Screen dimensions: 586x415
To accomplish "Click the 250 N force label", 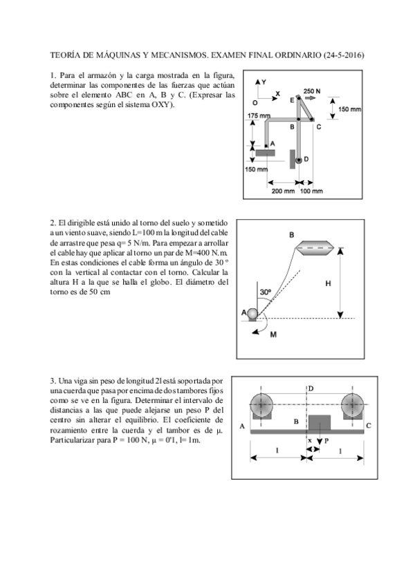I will point(312,91).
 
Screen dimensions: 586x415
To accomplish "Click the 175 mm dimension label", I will point(259,115).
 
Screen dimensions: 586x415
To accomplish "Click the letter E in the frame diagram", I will point(292,100).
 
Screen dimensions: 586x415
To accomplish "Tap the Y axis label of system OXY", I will point(264,82).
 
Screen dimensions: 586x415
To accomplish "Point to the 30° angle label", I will point(266,292).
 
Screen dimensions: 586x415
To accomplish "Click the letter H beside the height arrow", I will point(328,283).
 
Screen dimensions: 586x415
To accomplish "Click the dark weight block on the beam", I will point(319,422).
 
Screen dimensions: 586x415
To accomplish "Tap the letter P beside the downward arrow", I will point(326,440).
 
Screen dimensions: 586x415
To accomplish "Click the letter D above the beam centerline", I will point(311,389).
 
